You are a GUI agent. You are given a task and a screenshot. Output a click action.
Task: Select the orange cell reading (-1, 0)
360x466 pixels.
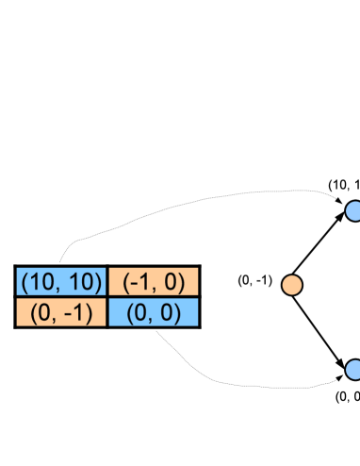[x=154, y=282]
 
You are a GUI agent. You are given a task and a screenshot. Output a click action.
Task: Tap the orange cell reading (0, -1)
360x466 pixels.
[x=61, y=312]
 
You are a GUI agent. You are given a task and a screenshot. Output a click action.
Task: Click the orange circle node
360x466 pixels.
[x=292, y=284]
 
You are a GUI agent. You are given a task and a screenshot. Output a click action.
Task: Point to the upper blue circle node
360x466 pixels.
[x=353, y=211]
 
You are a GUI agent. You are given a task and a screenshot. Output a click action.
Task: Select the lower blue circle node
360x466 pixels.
[x=353, y=369]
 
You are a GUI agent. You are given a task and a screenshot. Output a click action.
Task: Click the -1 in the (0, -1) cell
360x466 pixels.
[x=74, y=312]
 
